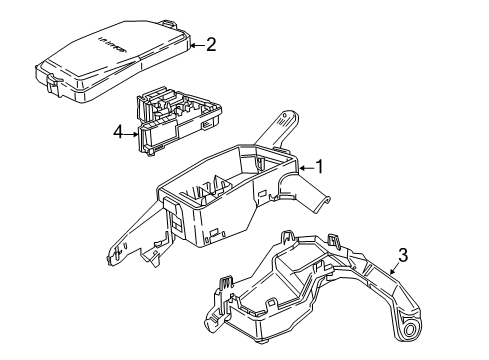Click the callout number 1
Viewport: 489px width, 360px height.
click(321, 166)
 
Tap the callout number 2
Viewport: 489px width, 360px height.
click(211, 44)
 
